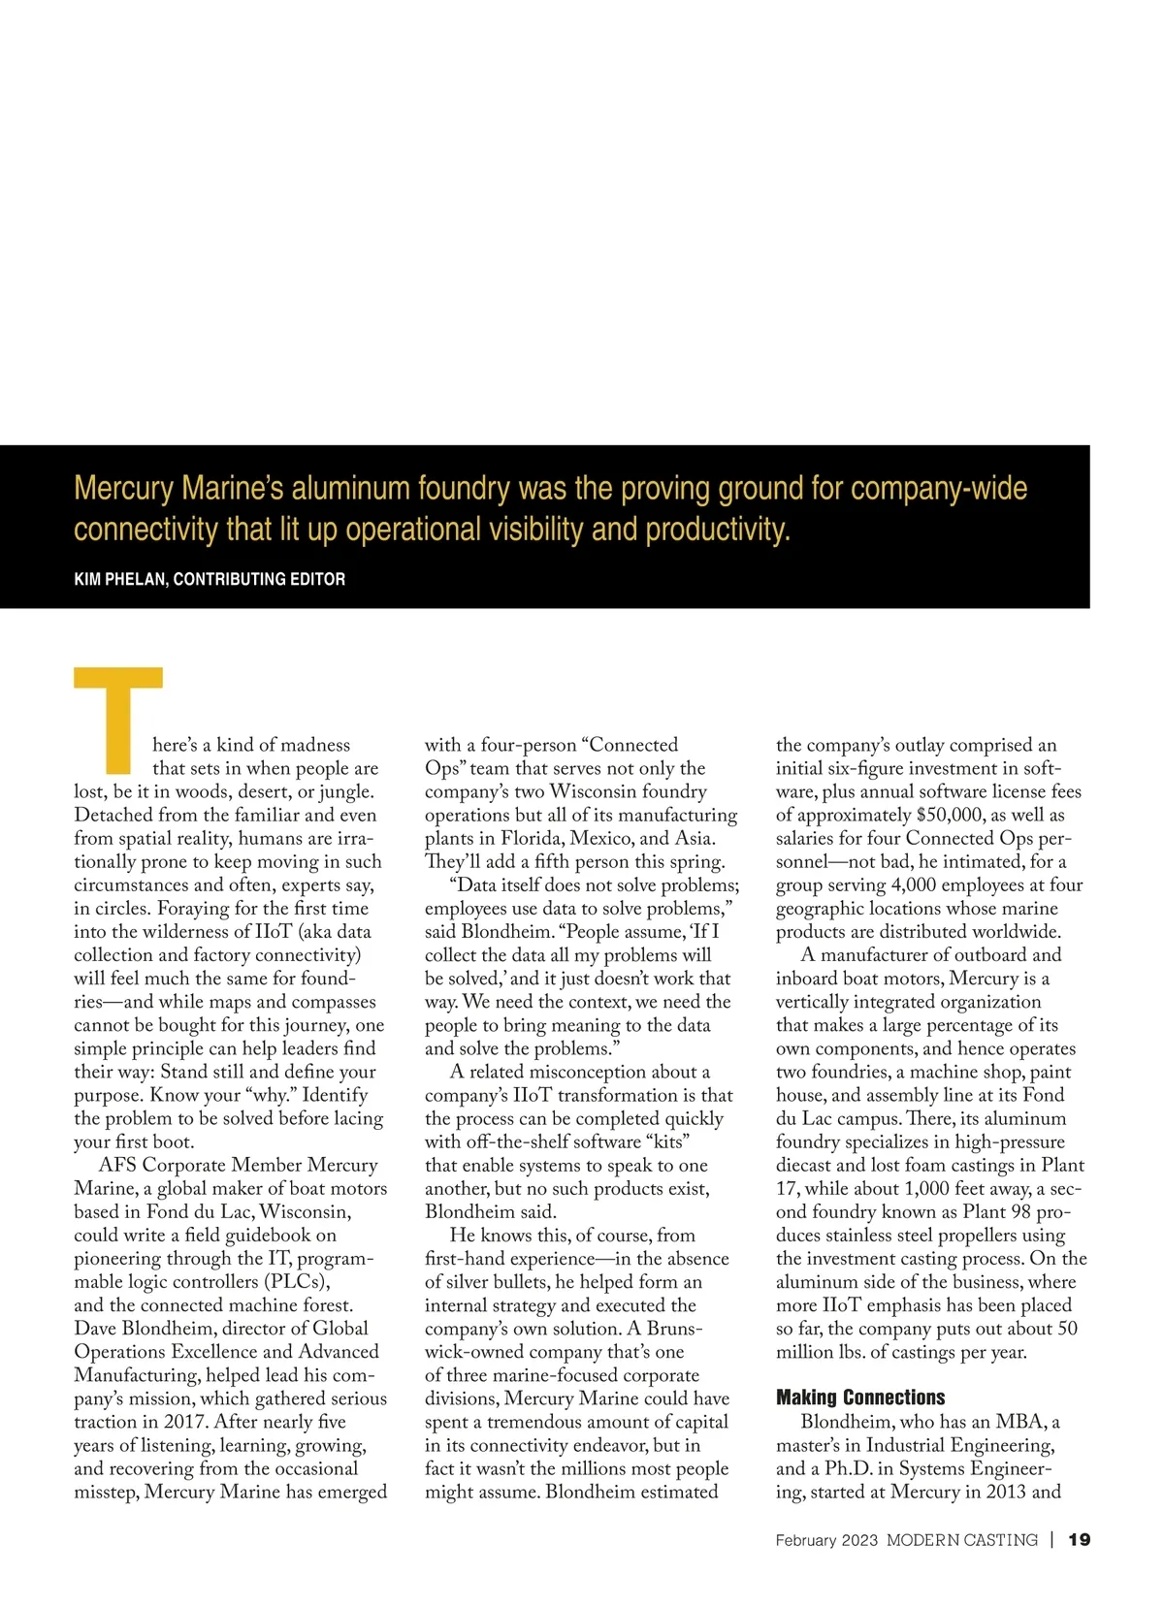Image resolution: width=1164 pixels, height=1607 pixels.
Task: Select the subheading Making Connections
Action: pos(859,1398)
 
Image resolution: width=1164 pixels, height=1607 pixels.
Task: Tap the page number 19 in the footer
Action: pos(1079,1540)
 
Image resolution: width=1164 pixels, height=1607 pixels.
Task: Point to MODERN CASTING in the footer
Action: pos(961,1540)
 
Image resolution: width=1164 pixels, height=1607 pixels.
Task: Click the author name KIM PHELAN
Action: pos(119,579)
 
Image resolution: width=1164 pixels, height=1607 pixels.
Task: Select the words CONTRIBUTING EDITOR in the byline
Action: pos(259,579)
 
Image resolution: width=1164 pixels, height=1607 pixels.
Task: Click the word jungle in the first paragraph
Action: pos(345,791)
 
